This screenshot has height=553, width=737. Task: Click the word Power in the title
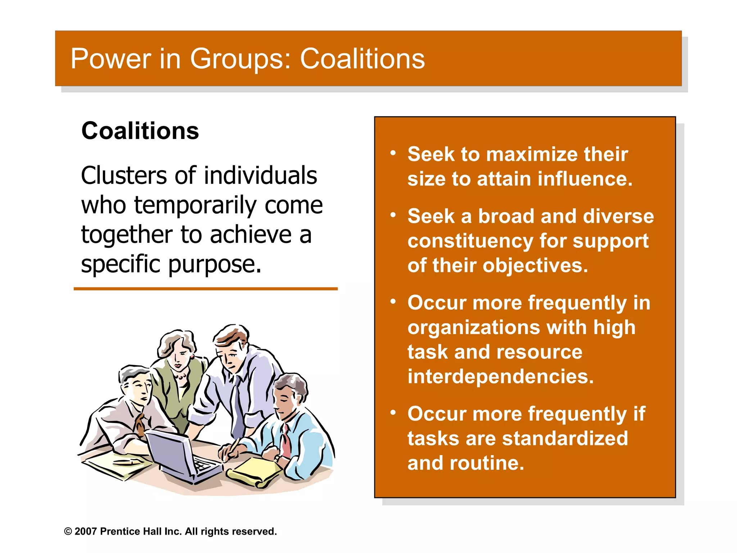111,59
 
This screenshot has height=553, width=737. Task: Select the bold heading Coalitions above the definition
140,131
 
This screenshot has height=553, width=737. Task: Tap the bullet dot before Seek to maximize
393,153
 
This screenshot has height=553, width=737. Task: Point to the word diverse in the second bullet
618,216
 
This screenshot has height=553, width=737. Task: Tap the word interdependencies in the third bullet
500,377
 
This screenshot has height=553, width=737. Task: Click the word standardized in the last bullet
565,439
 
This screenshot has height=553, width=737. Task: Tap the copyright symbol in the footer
68,531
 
